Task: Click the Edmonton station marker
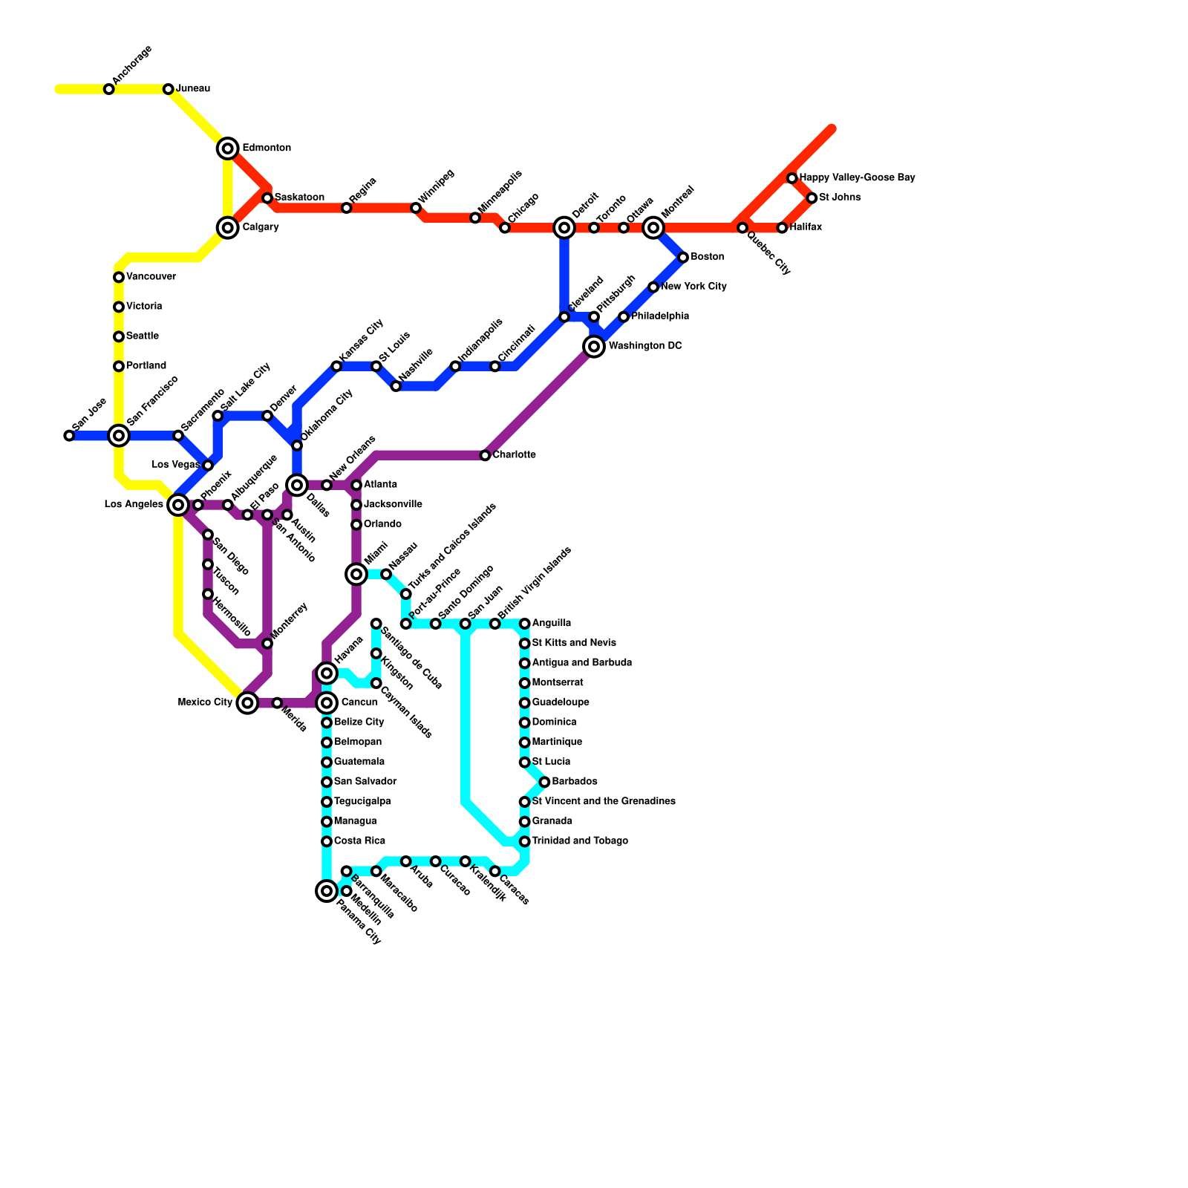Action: (x=228, y=148)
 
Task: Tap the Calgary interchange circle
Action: (x=228, y=227)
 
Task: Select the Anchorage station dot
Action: (x=109, y=89)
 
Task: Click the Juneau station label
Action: (x=193, y=89)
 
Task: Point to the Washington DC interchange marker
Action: (x=594, y=346)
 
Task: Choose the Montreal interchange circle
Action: (x=653, y=227)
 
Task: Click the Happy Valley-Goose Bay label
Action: (x=857, y=178)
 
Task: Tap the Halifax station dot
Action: (x=782, y=227)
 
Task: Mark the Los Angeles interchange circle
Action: (x=178, y=505)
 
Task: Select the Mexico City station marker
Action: (x=248, y=702)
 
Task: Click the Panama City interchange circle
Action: (x=327, y=890)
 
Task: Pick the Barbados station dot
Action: (x=544, y=782)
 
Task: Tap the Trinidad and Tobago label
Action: (x=580, y=841)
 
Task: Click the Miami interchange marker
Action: (x=356, y=573)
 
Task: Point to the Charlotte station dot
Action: (x=485, y=455)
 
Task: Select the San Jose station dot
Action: (x=69, y=435)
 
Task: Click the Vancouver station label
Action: (x=151, y=277)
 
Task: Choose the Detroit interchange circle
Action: (x=564, y=227)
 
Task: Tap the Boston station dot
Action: (x=683, y=257)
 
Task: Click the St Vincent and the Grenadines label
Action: (x=604, y=802)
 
